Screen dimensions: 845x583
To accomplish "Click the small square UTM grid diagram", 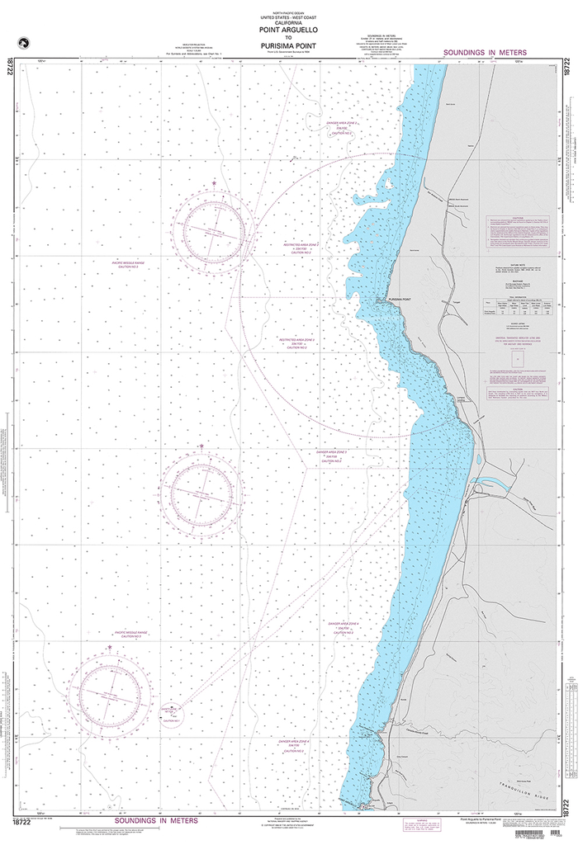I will point(517,360).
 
